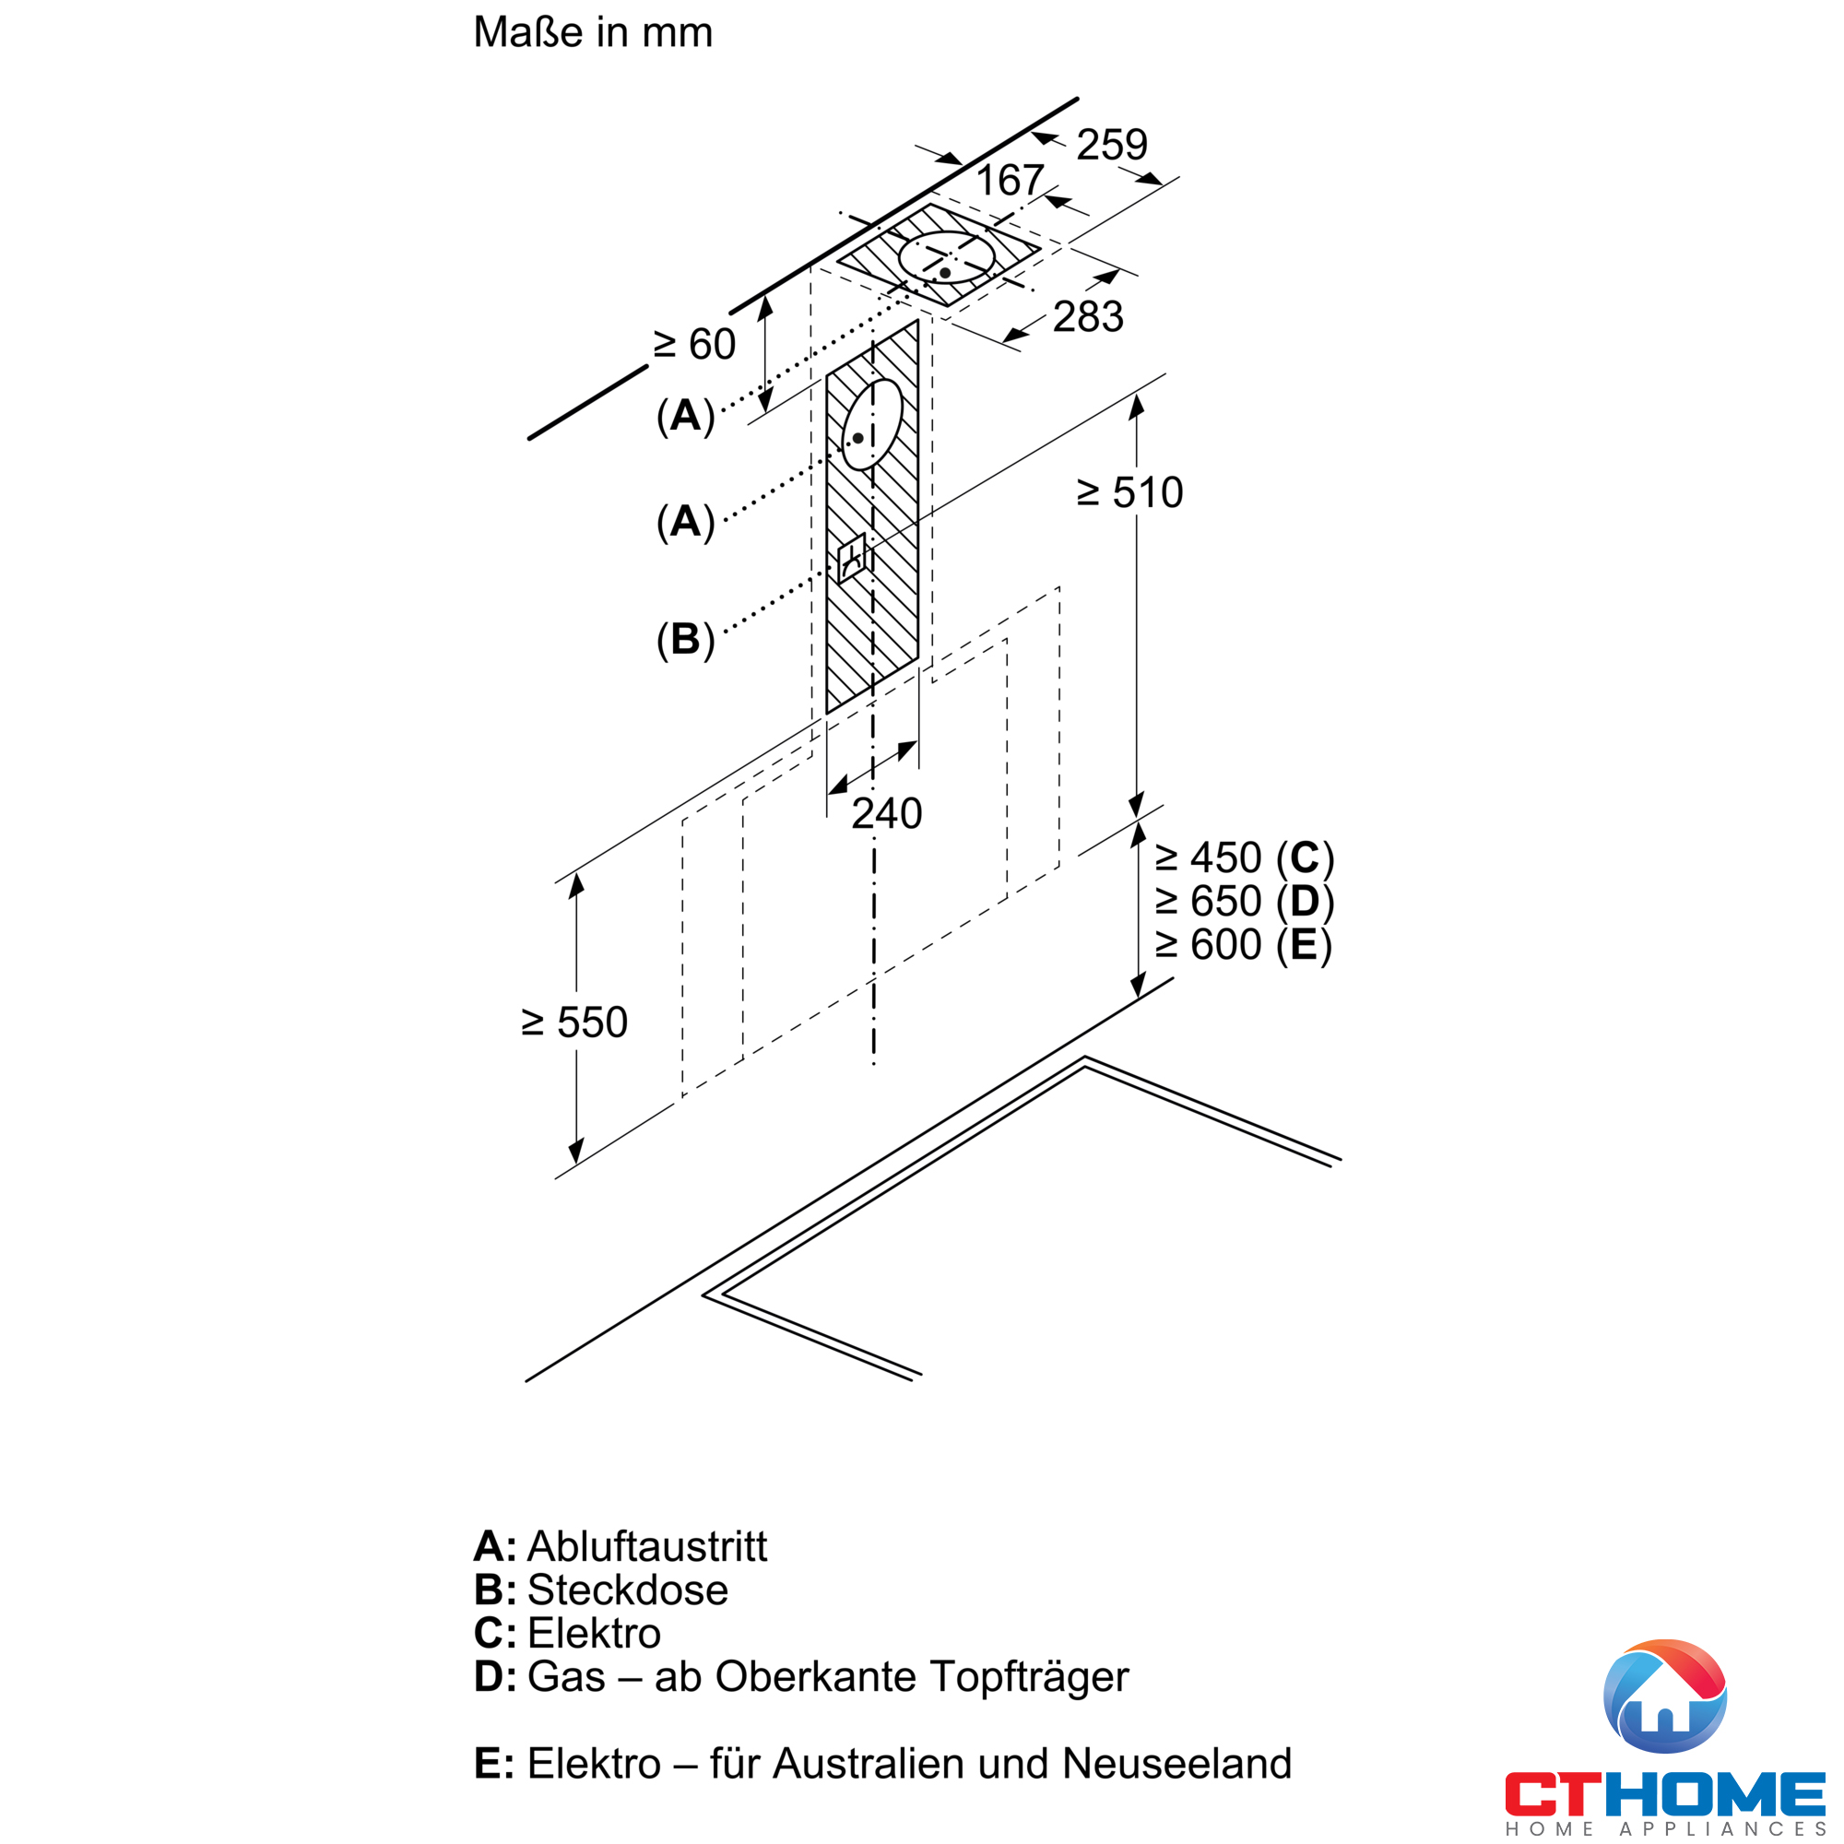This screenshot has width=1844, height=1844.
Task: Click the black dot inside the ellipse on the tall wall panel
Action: [x=858, y=438]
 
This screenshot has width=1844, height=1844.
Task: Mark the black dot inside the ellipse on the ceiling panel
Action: [x=945, y=273]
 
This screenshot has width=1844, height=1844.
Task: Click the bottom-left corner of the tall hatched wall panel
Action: [x=826, y=714]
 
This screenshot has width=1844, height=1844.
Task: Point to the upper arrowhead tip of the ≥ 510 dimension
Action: [x=1136, y=395]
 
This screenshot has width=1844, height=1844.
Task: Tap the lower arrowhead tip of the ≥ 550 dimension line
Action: [x=575, y=1165]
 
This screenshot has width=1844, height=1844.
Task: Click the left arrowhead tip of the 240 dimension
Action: [x=828, y=794]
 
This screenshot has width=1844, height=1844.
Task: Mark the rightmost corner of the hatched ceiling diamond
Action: [x=1040, y=251]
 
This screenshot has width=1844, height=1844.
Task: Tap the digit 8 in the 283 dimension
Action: [x=1089, y=317]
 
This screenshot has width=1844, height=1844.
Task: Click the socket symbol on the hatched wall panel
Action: [x=851, y=559]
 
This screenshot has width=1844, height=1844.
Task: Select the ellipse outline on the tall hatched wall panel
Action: [x=872, y=425]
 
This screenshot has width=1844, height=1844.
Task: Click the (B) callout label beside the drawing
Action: [x=685, y=640]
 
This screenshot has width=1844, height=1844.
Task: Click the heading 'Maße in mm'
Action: [x=593, y=32]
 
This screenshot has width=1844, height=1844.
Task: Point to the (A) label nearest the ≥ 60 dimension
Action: [x=685, y=416]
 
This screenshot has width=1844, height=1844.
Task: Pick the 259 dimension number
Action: [x=1112, y=145]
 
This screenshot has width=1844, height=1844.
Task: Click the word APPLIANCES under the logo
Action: [x=1723, y=1828]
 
